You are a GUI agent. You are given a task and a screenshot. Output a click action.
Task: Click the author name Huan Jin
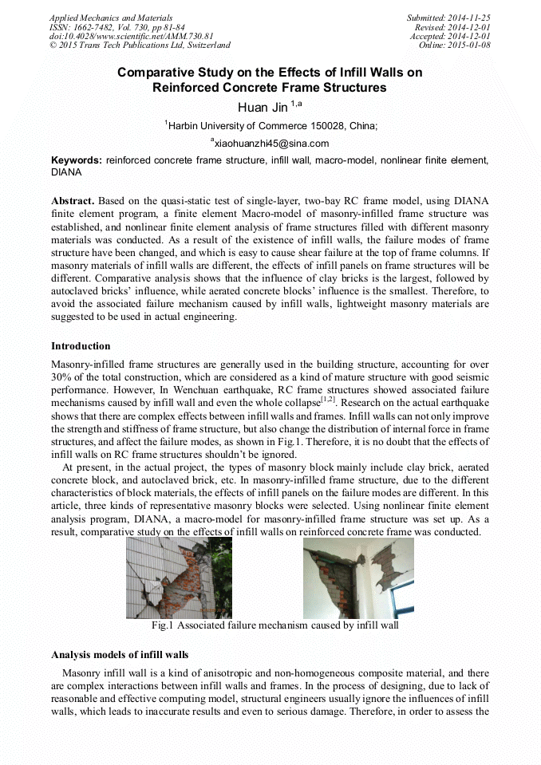(263, 107)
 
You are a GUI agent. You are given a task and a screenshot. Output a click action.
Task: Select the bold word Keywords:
(77, 160)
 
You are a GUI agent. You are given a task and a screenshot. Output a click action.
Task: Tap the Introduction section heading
(81, 346)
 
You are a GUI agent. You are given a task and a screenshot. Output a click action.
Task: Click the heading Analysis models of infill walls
(120, 654)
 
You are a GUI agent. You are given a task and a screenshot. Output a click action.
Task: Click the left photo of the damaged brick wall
(179, 577)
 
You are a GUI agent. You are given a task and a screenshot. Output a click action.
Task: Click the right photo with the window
(358, 577)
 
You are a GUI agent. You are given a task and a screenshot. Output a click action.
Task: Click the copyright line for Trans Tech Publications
(140, 45)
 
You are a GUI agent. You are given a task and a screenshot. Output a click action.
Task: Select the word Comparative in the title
(154, 73)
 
